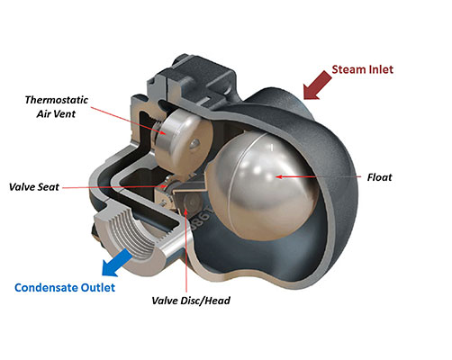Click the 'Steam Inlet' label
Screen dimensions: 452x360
(x=362, y=69)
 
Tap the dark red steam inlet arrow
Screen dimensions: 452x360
(x=317, y=85)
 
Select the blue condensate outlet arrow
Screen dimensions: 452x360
(x=116, y=263)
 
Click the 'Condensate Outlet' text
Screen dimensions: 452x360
(x=65, y=288)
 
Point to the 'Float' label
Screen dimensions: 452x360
(x=379, y=177)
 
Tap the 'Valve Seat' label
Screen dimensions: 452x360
(x=34, y=187)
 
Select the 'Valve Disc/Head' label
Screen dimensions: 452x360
(x=191, y=301)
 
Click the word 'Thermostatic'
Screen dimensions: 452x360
(x=57, y=100)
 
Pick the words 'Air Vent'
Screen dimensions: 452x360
(x=56, y=114)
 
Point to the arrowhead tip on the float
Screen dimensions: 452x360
(x=276, y=176)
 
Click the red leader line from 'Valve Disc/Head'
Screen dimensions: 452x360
(x=186, y=250)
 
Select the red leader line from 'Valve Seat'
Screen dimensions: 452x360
(x=114, y=187)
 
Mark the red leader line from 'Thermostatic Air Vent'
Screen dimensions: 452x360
(x=128, y=121)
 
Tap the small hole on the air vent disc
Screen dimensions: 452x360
(x=195, y=143)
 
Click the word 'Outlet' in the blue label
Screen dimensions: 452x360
(x=98, y=288)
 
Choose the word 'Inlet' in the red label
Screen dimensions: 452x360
(x=380, y=69)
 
